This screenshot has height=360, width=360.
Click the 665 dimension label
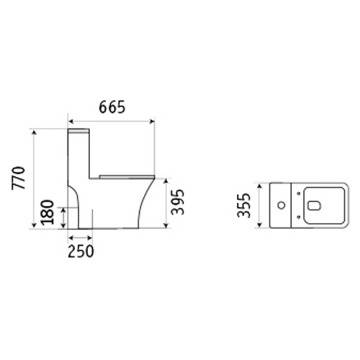(x=112, y=107)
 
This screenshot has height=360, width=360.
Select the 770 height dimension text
(x=19, y=178)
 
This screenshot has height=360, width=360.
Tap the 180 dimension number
(x=48, y=212)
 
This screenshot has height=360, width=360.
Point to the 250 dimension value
(x=81, y=251)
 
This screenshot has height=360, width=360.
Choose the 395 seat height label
(x=178, y=202)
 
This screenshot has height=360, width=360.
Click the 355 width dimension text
(x=244, y=205)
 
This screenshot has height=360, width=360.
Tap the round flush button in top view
(x=282, y=205)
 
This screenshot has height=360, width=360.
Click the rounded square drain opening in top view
(x=314, y=205)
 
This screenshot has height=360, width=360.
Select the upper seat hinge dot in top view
(x=299, y=194)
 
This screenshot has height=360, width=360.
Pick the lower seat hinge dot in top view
(x=299, y=217)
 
